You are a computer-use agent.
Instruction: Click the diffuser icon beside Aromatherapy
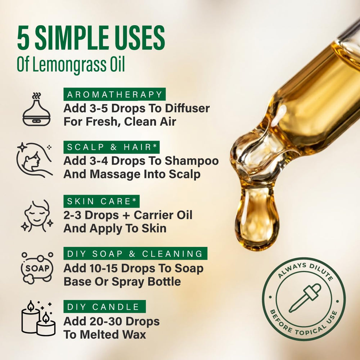tap(36, 109)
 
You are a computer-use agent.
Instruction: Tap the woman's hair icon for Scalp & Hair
tap(35, 160)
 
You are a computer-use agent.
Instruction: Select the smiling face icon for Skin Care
tap(37, 216)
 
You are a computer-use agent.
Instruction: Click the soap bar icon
tap(37, 268)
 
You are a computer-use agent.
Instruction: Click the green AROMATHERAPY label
tap(114, 94)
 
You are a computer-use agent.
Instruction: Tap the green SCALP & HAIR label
tap(112, 147)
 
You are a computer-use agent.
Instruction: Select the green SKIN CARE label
tap(102, 201)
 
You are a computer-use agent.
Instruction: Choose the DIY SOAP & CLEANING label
tap(135, 253)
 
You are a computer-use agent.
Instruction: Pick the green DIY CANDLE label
tap(104, 306)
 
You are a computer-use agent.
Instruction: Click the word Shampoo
tap(192, 161)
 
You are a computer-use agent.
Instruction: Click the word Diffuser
tap(187, 108)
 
